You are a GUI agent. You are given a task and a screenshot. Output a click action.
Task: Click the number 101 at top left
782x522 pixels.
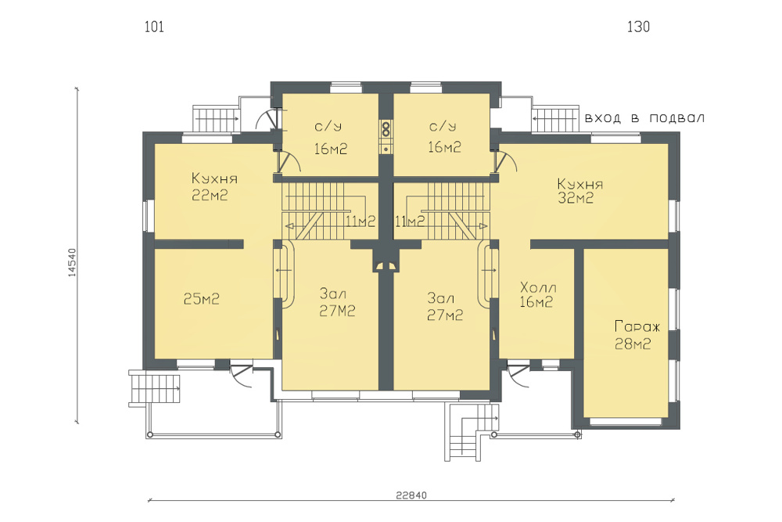pos(154,27)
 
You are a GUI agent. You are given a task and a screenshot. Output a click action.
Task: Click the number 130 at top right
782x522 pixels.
pos(638,27)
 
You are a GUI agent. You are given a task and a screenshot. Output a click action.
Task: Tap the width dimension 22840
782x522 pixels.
pos(411,495)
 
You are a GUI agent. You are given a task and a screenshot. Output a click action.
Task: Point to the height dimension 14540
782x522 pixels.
pos(72,262)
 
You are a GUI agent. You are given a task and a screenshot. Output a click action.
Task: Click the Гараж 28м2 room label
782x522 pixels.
pos(637,336)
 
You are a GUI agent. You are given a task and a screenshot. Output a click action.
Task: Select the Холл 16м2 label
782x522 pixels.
pos(538,294)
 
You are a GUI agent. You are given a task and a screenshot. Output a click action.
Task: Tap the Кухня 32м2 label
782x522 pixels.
pos(580,191)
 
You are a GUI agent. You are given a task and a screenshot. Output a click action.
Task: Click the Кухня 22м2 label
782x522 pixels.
pos(214,186)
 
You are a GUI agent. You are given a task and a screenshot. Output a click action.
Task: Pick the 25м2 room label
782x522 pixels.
pos(202,299)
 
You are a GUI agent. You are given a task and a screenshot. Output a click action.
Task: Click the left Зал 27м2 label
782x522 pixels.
pos(337,302)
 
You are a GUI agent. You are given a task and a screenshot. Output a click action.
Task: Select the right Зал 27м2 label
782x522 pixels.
pos(445,307)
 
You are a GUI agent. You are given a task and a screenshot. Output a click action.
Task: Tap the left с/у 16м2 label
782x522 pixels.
pos(330,138)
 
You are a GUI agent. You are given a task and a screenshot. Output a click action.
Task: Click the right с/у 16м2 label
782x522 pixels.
pos(444,137)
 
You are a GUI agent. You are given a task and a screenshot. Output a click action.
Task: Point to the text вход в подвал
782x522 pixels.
pos(644,118)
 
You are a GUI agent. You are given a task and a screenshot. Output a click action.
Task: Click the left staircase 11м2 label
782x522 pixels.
pos(360,221)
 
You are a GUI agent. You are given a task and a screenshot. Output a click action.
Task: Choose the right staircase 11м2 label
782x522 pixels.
pos(410,221)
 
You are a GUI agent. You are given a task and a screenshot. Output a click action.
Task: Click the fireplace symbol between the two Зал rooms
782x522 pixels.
pos(386,265)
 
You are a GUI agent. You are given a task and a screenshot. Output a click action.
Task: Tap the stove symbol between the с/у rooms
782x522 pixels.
pos(386,137)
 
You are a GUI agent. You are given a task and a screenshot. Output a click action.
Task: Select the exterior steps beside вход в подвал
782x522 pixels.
pos(555,119)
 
